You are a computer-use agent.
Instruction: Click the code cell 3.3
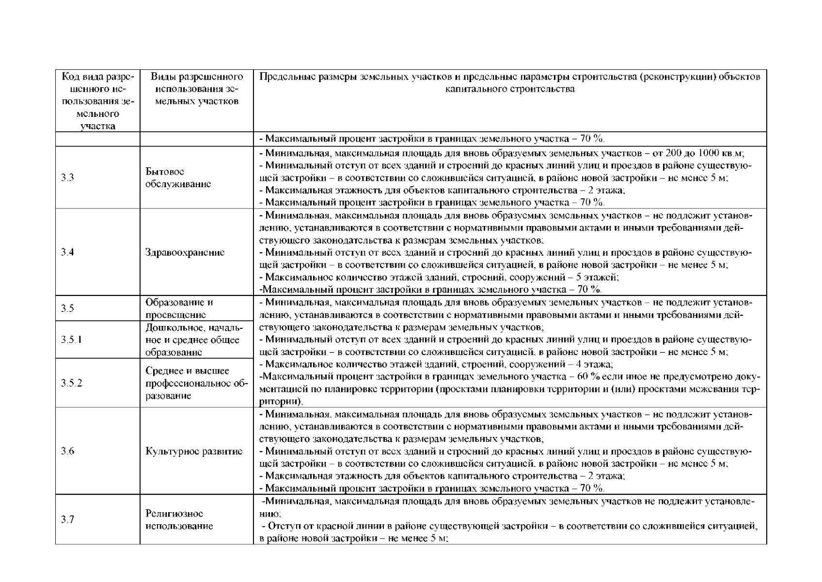(x=68, y=178)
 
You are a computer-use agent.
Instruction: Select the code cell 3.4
(x=68, y=252)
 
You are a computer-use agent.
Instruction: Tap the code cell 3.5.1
(x=71, y=339)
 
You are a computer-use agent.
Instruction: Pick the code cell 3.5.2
(x=71, y=383)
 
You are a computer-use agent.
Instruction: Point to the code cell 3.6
(x=68, y=451)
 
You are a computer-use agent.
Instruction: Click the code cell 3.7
(x=68, y=520)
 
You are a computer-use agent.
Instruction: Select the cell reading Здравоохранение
(x=185, y=252)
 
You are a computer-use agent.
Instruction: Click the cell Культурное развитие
(x=194, y=451)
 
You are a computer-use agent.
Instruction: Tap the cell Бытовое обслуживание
(x=178, y=178)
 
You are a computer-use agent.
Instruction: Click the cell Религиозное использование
(x=179, y=520)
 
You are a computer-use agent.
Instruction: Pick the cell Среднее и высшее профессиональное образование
(x=196, y=383)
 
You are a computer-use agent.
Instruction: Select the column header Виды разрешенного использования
(x=196, y=89)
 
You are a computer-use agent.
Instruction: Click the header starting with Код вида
(x=97, y=101)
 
